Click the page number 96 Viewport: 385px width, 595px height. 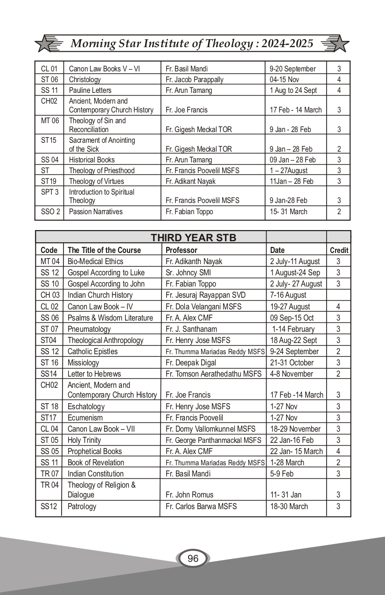coord(193,559)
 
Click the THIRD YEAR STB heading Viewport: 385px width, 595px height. coord(193,238)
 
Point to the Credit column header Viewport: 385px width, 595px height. coord(339,250)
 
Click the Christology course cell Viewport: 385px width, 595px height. coord(85,79)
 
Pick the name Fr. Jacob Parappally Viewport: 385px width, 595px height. coord(195,79)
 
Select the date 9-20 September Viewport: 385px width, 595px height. coord(293,69)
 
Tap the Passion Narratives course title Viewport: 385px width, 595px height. coord(96,211)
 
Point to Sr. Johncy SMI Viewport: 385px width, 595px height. coord(187,273)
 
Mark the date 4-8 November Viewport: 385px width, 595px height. coord(292,374)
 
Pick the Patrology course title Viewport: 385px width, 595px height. coord(82,506)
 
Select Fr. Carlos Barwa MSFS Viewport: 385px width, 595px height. coord(201,506)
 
